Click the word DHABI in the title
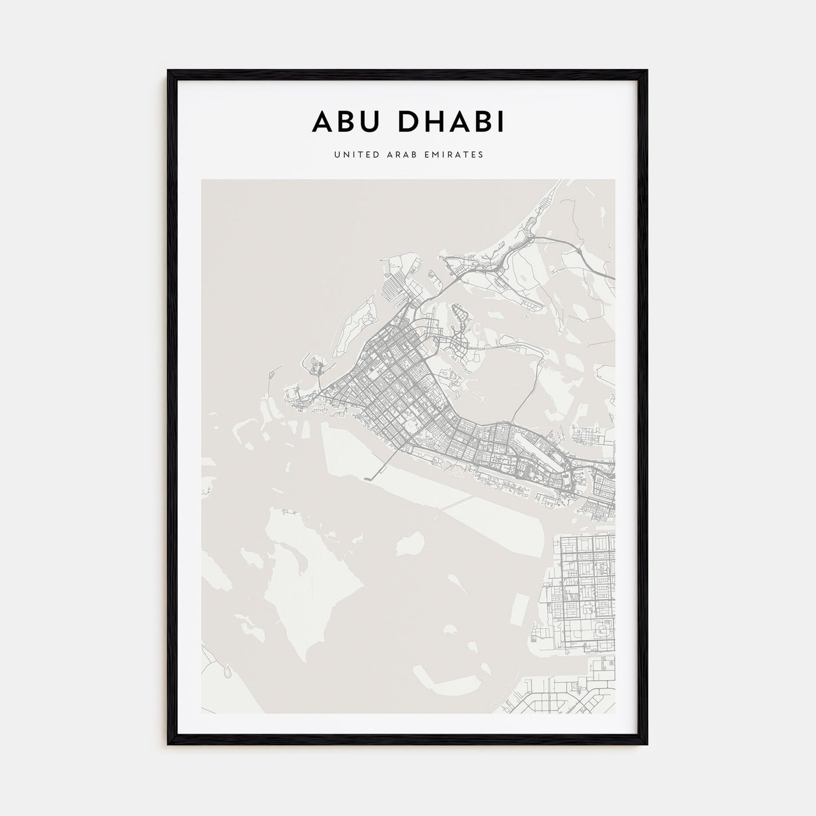click(449, 122)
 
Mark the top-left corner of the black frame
click(169, 71)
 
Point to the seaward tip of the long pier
click(367, 479)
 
